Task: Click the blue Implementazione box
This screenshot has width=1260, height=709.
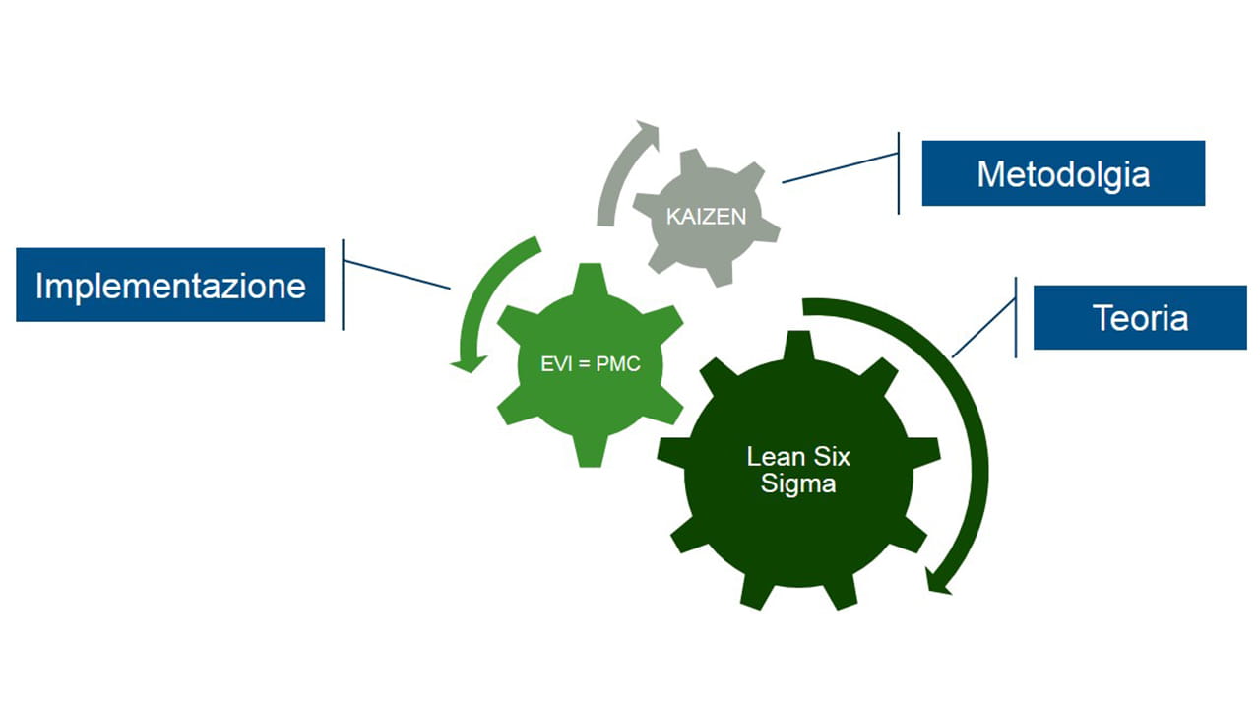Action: (x=170, y=285)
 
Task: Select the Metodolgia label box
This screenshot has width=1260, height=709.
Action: (x=1063, y=173)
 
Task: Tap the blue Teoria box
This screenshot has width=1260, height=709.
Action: (x=1140, y=317)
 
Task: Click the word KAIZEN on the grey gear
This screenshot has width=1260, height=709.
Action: (x=706, y=217)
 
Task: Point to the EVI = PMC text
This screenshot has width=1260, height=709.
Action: (x=591, y=364)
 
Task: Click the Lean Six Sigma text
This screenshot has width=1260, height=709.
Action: (x=798, y=470)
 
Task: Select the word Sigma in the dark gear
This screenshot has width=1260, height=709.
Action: (x=798, y=483)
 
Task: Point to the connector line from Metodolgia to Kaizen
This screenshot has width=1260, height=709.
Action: (x=840, y=167)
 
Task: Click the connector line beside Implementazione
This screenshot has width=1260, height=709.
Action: (x=397, y=275)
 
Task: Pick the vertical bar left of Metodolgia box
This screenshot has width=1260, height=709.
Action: (x=899, y=173)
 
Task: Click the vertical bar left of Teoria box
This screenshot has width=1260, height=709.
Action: (x=1015, y=317)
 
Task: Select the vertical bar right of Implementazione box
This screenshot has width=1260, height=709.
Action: (x=343, y=285)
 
